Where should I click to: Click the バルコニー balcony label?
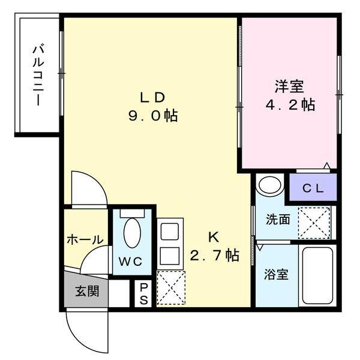[x=37, y=75]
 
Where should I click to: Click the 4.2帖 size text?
[x=290, y=105]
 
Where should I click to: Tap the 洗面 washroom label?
[x=278, y=219]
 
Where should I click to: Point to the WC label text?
[x=129, y=262]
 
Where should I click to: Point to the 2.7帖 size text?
[x=214, y=256]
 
